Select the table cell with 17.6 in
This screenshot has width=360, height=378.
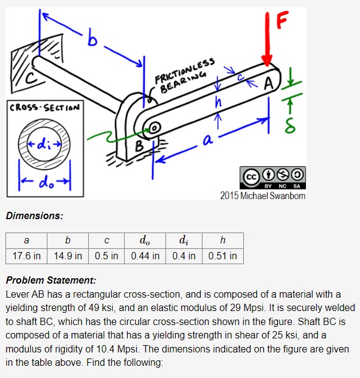(x=26, y=256)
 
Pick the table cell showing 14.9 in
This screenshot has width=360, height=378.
(x=67, y=256)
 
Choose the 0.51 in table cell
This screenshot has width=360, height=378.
(x=223, y=256)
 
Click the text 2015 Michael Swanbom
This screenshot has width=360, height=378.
(x=263, y=195)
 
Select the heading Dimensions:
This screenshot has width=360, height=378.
(x=34, y=215)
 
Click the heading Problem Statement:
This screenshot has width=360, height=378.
(x=50, y=281)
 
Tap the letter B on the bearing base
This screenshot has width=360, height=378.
(x=139, y=145)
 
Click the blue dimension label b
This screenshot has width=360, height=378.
(x=92, y=41)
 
